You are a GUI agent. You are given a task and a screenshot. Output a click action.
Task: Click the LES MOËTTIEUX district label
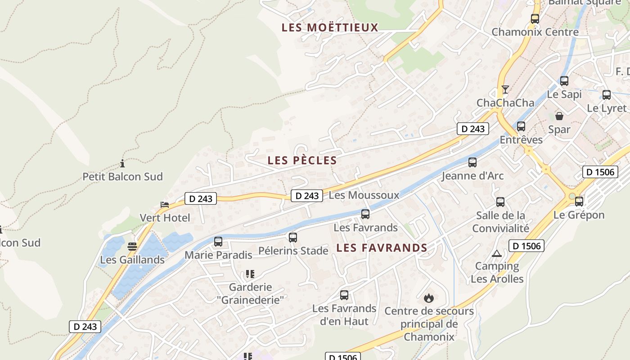[x=330, y=27]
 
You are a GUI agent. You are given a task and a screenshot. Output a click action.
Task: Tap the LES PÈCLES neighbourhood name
[x=302, y=161]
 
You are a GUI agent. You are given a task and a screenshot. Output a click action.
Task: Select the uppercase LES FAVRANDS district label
[x=382, y=248]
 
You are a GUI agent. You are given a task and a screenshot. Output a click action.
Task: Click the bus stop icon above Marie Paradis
[x=218, y=242]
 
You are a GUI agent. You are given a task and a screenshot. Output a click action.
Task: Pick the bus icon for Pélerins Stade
[x=293, y=237]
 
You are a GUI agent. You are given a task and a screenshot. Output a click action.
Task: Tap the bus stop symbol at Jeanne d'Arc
[x=472, y=162]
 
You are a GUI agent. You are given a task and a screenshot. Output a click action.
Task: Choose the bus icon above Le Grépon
[x=579, y=201]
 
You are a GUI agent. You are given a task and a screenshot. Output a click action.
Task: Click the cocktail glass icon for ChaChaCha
[x=505, y=89]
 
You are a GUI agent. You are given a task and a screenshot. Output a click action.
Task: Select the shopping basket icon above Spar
[x=559, y=116]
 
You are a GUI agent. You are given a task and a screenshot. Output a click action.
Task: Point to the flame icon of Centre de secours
[x=429, y=297]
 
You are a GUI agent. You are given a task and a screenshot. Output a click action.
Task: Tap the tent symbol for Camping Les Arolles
[x=497, y=253]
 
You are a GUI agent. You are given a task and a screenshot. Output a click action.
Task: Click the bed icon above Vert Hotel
[x=165, y=204]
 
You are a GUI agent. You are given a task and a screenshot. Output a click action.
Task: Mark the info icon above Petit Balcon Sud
[x=122, y=163]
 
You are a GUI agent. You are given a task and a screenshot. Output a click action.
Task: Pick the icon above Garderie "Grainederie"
[x=250, y=274]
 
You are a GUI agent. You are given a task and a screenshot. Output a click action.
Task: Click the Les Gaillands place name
[x=132, y=260]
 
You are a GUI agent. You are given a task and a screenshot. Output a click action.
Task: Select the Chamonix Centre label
[x=535, y=32]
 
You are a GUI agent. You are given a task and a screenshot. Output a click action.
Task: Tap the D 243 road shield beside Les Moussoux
[x=307, y=196]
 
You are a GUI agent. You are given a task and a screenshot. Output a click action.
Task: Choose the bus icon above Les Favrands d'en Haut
[x=344, y=295]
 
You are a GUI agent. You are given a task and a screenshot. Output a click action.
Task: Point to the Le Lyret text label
[x=607, y=108]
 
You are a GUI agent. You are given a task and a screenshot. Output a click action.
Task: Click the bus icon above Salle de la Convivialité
[x=500, y=202]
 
